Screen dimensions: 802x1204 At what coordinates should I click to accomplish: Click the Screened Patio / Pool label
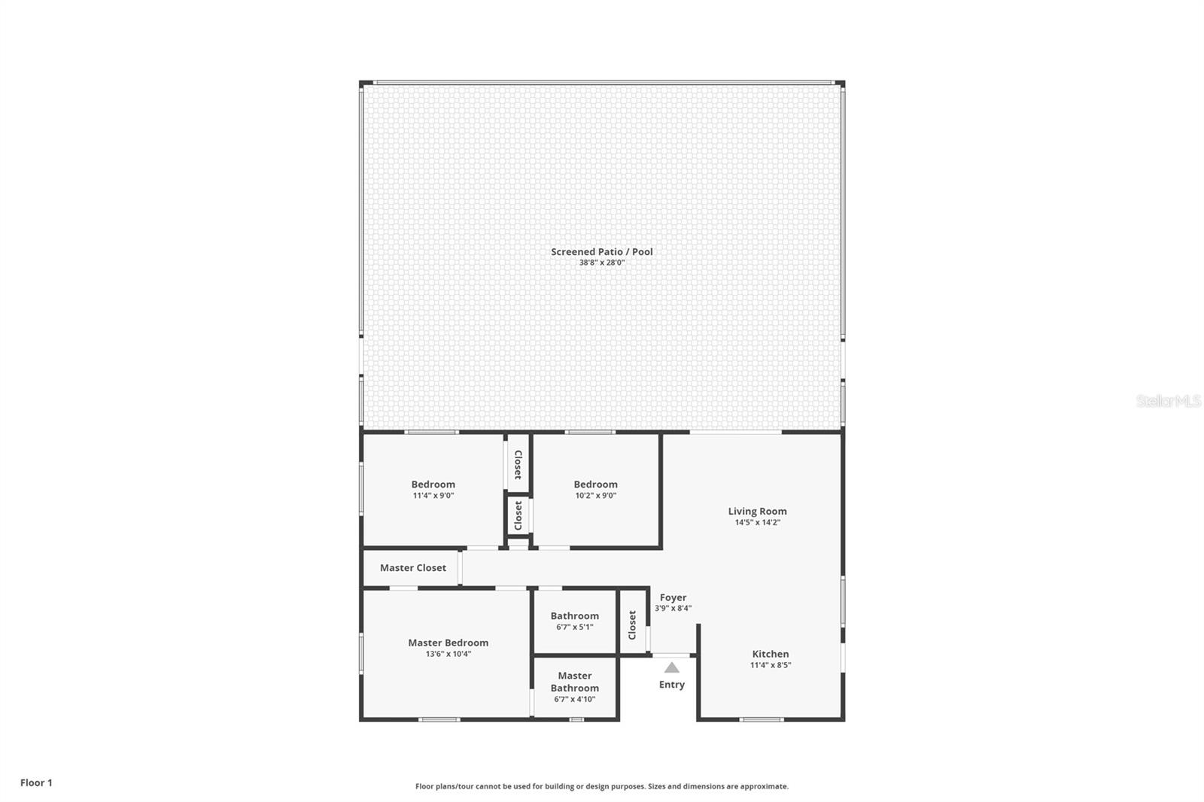[x=601, y=252]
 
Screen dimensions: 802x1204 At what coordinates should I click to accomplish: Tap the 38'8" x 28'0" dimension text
[x=601, y=263]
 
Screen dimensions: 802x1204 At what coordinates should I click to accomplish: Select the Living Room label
[x=757, y=512]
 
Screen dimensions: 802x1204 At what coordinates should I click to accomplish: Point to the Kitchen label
[x=771, y=655]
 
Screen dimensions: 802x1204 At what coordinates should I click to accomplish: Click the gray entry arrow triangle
[x=672, y=667]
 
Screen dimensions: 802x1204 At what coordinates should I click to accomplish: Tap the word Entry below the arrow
[x=672, y=685]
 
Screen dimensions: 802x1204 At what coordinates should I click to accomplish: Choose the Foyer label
[x=673, y=598]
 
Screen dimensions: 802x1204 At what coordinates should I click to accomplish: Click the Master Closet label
[x=412, y=568]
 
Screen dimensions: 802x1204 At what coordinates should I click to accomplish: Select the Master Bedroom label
[x=448, y=643]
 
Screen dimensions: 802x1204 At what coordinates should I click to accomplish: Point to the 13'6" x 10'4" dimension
[x=448, y=655]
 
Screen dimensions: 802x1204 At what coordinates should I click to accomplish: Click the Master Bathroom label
[x=575, y=682]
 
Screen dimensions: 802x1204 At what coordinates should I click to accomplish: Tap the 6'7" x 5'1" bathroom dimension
[x=575, y=627]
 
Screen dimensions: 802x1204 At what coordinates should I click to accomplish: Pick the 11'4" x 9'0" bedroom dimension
[x=433, y=496]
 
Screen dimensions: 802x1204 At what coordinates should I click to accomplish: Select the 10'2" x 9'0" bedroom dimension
[x=595, y=496]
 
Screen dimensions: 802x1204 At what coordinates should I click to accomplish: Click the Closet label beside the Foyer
[x=632, y=625]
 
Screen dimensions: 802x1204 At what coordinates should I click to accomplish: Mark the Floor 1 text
[x=36, y=783]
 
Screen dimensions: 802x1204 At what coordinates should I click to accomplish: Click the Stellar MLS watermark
[x=1169, y=401]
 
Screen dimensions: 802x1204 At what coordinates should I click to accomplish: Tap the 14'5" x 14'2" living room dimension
[x=757, y=523]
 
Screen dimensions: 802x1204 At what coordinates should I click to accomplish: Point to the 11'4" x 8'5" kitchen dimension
[x=771, y=665]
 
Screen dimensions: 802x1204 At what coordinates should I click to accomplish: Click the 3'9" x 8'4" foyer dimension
[x=673, y=609]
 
